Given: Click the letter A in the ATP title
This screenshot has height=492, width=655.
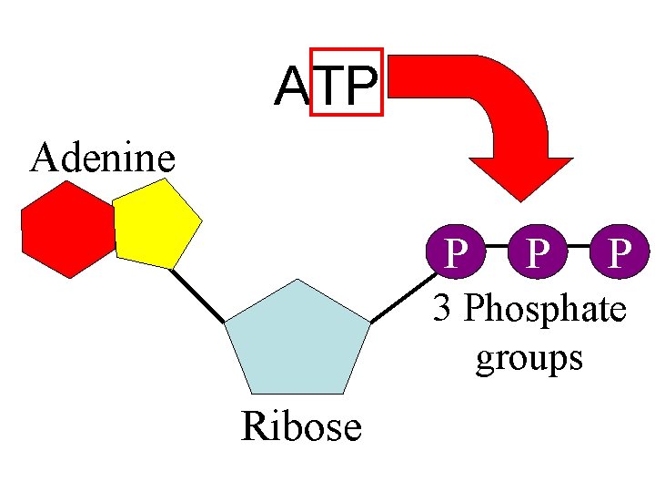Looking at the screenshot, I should [293, 87].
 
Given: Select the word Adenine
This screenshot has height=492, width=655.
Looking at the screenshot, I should [102, 158].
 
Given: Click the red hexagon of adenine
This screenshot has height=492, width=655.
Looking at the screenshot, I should [68, 229].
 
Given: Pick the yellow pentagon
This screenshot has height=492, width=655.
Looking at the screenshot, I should [156, 224].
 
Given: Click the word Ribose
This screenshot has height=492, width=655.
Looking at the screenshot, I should [301, 426].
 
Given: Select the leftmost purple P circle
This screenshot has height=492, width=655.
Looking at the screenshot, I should [452, 250].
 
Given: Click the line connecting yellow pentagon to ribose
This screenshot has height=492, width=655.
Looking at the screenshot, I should [197, 294].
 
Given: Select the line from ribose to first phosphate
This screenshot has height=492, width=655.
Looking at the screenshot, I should [400, 295].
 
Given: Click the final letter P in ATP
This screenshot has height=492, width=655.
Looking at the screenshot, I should [361, 87].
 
